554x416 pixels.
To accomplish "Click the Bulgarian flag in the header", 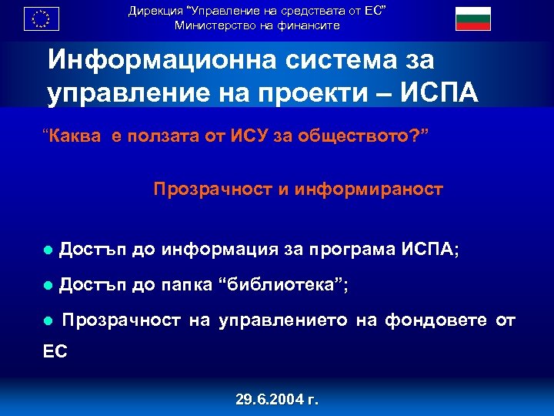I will point(473,18).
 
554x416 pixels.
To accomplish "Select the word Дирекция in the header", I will point(154,11).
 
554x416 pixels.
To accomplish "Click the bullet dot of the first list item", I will point(48,250).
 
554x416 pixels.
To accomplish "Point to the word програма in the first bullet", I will point(352,249).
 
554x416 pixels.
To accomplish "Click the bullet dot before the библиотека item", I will point(48,286).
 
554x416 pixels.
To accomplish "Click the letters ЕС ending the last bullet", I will point(55,351).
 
